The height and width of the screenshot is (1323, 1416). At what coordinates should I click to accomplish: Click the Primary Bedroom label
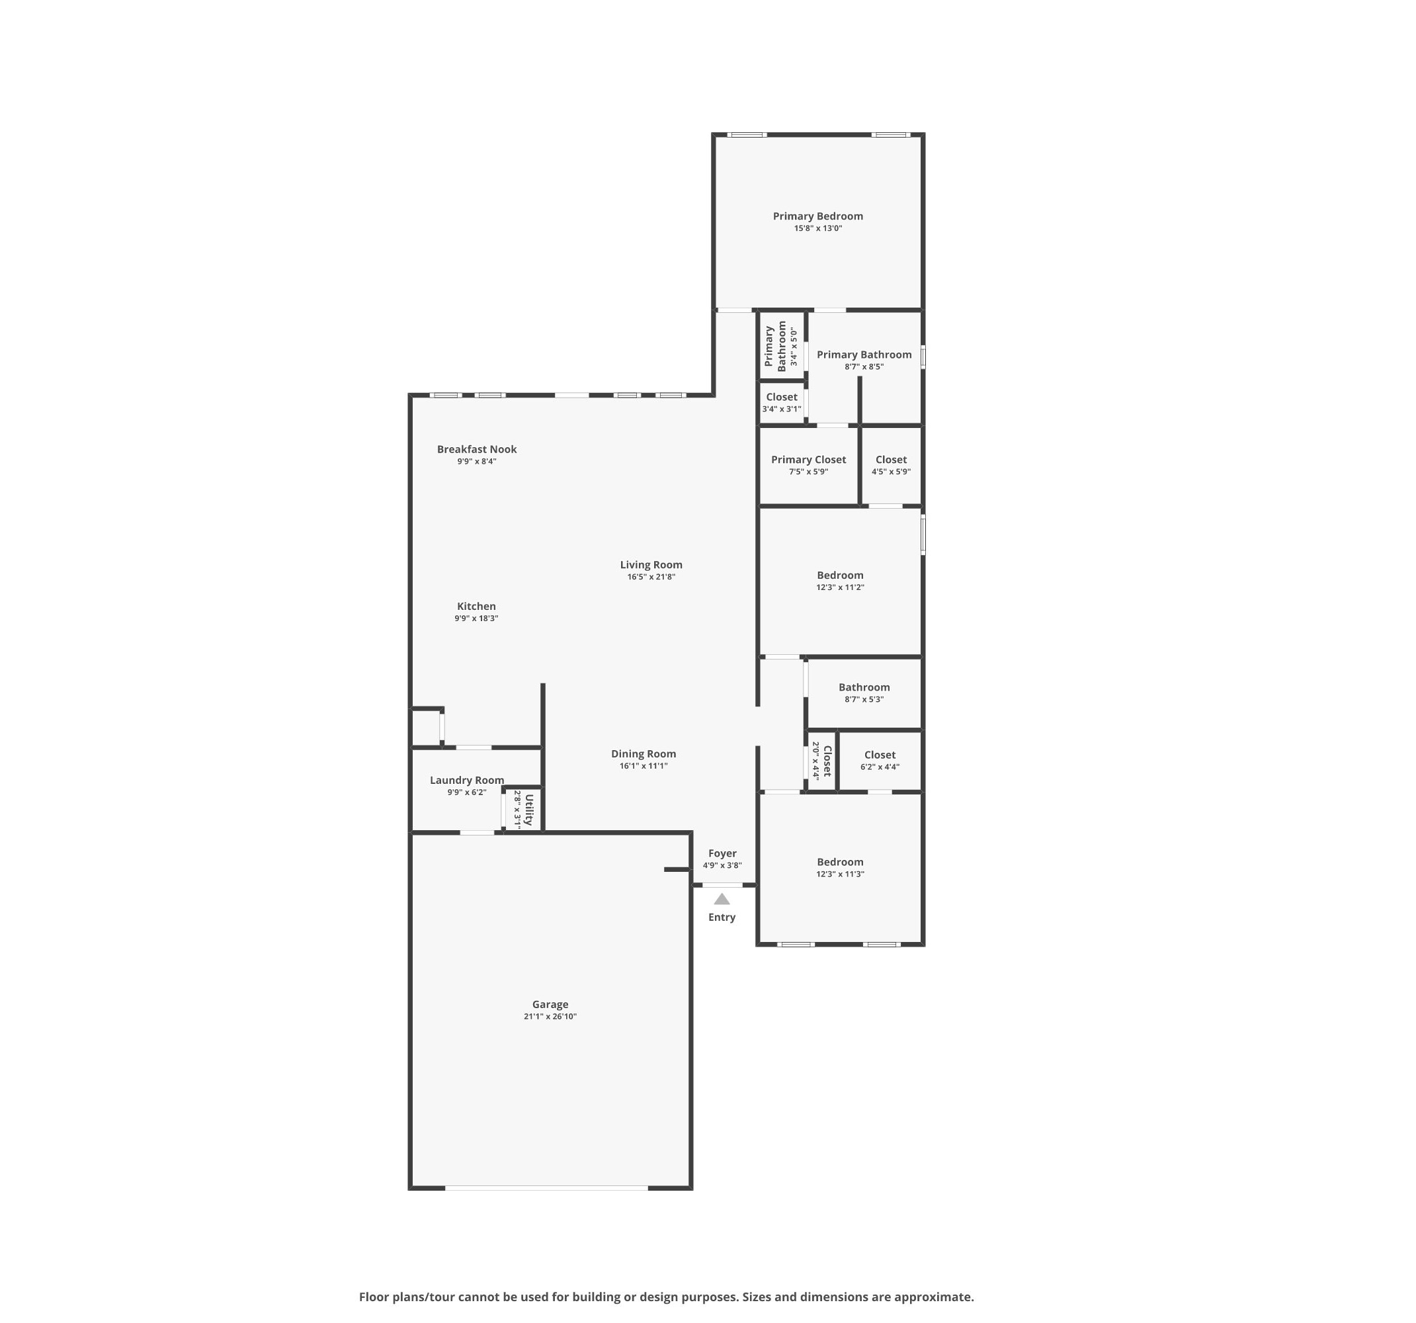point(817,216)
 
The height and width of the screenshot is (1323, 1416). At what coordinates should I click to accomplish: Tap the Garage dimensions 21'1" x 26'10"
point(550,1016)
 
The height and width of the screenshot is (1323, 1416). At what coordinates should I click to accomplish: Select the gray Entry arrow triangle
point(722,899)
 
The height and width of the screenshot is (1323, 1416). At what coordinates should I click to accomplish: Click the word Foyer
point(722,853)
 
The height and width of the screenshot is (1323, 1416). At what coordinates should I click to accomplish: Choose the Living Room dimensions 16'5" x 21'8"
point(651,576)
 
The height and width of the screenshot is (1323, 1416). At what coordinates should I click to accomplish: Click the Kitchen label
point(476,607)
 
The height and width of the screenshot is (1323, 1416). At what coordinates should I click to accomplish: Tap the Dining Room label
point(643,753)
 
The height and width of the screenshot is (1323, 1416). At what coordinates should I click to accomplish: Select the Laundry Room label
point(466,780)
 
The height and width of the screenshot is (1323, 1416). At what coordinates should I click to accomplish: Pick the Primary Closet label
point(808,460)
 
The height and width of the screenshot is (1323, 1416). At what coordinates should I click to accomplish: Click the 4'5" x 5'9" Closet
point(891,465)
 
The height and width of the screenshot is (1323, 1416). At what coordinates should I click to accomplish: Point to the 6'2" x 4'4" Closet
point(880,761)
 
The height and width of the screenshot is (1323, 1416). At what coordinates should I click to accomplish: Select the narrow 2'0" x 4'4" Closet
point(821,761)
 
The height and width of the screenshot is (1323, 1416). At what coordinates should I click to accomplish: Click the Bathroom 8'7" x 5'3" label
point(864,693)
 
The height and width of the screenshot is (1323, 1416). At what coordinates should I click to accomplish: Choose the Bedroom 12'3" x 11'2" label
point(841,581)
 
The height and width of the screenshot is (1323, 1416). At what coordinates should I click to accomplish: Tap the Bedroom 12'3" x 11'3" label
point(841,867)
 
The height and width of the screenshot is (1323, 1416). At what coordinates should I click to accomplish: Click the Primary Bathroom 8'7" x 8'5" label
point(864,360)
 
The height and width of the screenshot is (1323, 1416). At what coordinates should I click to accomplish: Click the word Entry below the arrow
point(722,918)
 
